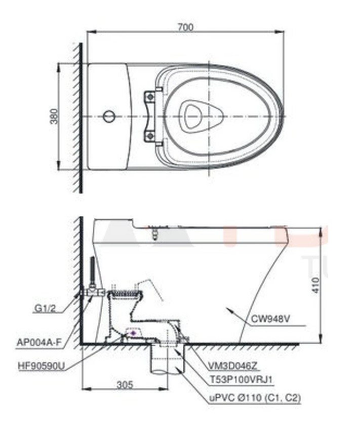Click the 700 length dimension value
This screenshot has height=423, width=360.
pyautogui.click(x=185, y=27)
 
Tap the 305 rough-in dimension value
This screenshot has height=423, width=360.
pyautogui.click(x=125, y=384)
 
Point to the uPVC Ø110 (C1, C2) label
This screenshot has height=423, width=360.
pyautogui.click(x=249, y=399)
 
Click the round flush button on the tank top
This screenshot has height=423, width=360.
pyautogui.click(x=109, y=117)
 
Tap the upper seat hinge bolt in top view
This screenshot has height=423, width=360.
pyautogui.click(x=149, y=96)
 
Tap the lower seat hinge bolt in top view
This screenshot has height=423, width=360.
pyautogui.click(x=149, y=136)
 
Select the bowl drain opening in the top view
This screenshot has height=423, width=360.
pyautogui.click(x=192, y=116)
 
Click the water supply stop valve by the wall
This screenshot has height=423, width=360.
pyautogui.click(x=95, y=293)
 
